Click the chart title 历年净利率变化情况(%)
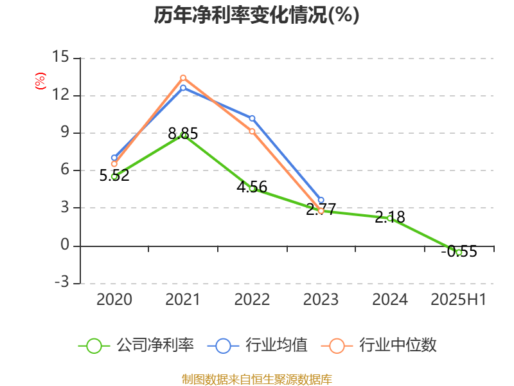(x=256, y=15)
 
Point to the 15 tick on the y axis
(x=60, y=57)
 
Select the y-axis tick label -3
(x=60, y=283)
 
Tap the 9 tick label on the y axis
(x=64, y=133)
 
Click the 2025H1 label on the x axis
(x=459, y=300)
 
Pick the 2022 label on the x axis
(x=252, y=300)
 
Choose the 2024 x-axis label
(x=390, y=300)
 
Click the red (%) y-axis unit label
(x=40, y=81)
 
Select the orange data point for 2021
(x=183, y=78)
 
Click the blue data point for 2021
(x=183, y=87)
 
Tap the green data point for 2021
(x=184, y=135)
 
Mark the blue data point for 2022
(x=252, y=118)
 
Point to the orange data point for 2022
(x=252, y=131)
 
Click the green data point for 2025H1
(x=459, y=252)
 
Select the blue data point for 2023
(x=321, y=200)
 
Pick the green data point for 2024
(x=390, y=219)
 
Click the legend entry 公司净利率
(x=137, y=345)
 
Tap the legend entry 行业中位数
(x=383, y=345)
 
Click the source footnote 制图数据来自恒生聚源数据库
(x=256, y=379)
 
